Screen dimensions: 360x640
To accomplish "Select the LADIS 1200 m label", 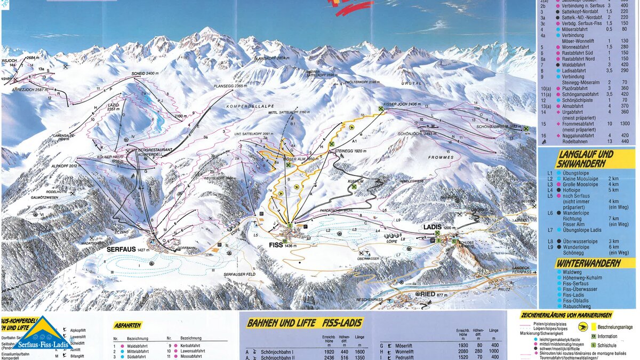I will [433, 227].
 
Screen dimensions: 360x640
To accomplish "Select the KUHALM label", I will [356, 181].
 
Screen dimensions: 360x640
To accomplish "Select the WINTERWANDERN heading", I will [588, 263].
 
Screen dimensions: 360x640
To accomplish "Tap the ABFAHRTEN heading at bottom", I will [127, 325].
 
